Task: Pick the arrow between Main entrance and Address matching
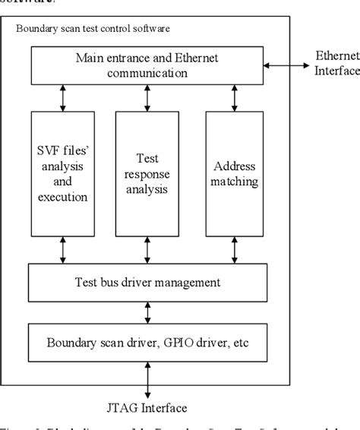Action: point(235,96)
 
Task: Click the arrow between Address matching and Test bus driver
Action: point(235,248)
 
